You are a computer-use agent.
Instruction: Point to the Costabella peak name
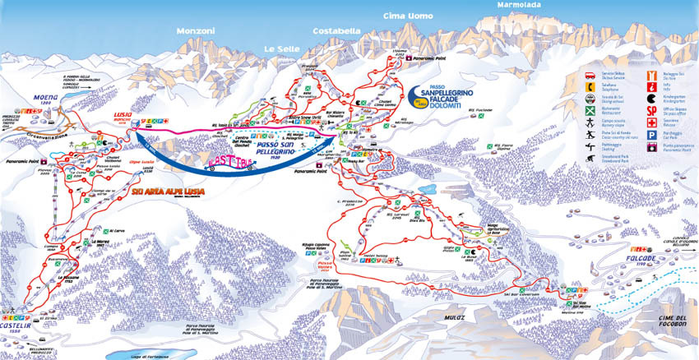tap(336, 30)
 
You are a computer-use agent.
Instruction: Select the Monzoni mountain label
tap(195, 31)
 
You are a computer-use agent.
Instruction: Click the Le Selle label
tap(280, 48)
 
